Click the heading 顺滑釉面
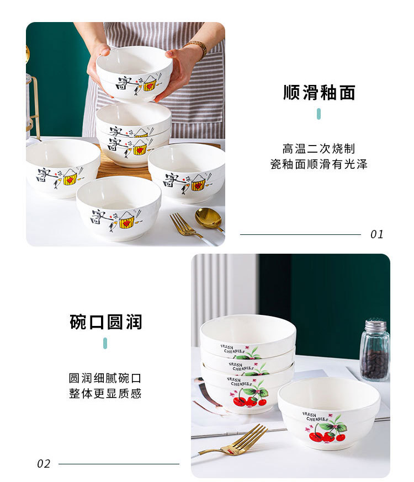319,93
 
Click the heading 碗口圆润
105,322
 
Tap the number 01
377,234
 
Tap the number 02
44,464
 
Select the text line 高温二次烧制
319,149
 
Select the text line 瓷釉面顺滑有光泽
319,164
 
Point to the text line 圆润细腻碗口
105,378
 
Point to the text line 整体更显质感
105,393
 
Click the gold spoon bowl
208,218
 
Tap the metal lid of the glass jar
375,325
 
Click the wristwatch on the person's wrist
198,47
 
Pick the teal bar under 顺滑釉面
319,114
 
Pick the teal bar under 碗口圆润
105,343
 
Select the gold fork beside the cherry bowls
233,441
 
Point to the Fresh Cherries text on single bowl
315,416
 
